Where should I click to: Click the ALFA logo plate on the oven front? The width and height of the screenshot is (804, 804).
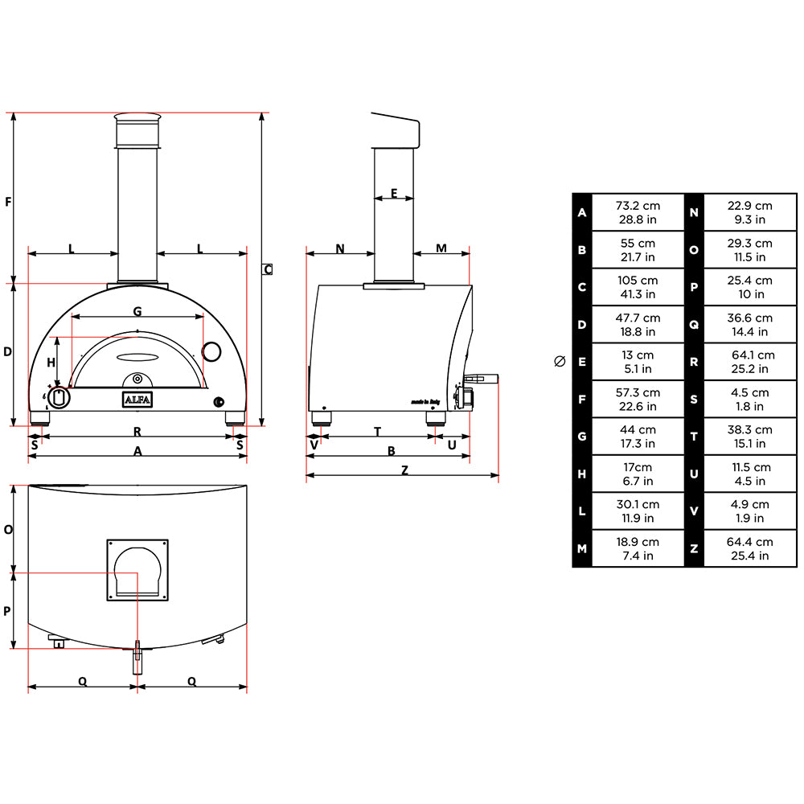point(137,400)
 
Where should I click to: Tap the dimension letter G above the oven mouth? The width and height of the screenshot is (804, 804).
point(137,310)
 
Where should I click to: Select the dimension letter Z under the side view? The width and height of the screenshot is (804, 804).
point(404,470)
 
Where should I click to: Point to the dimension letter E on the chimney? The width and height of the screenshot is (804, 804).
point(394,192)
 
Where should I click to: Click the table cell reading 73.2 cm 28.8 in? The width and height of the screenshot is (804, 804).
point(637,212)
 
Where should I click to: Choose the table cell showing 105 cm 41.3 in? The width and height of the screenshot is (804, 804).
point(637,287)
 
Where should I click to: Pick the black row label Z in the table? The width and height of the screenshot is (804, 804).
point(694,548)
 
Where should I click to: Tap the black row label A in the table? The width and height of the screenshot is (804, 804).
point(582,212)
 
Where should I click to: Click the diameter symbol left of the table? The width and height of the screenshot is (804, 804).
point(560,361)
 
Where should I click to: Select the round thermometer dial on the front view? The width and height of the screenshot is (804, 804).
point(211,351)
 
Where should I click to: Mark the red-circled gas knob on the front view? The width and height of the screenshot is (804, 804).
point(59,397)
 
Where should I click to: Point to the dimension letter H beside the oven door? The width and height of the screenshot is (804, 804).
point(51,363)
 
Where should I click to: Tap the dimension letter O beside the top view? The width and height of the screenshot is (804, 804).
point(8,530)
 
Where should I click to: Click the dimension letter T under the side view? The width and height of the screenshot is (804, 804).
point(377,432)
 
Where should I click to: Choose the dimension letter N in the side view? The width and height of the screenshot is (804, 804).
point(340,248)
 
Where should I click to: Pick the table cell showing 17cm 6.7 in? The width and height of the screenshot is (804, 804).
point(637,474)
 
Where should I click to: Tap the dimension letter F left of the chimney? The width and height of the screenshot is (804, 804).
point(8,201)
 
